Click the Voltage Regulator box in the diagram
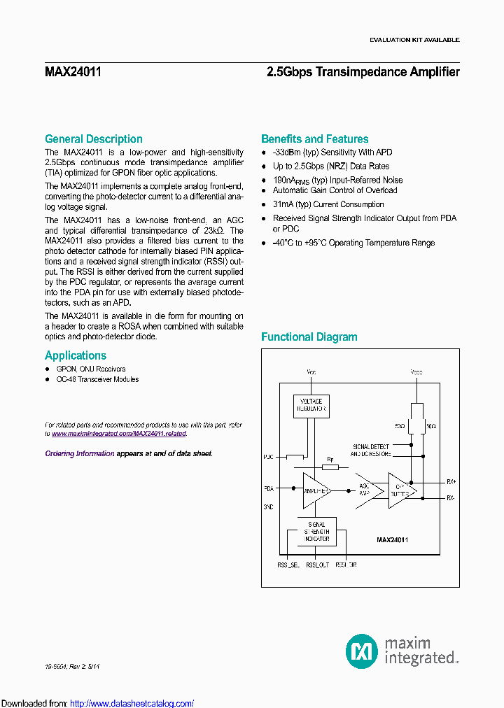[x=311, y=406]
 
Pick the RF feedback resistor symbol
[x=330, y=468]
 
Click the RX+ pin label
[x=451, y=481]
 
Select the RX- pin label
[x=451, y=498]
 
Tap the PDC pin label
[x=268, y=458]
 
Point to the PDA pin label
[x=268, y=488]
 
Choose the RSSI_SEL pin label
[x=288, y=564]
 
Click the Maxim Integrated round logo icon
[x=362, y=651]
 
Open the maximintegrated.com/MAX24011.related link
[x=119, y=433]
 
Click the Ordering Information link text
[x=80, y=453]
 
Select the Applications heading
[x=76, y=355]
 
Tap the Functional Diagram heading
[x=309, y=337]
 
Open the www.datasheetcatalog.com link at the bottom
[x=132, y=703]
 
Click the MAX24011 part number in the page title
[x=73, y=72]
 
